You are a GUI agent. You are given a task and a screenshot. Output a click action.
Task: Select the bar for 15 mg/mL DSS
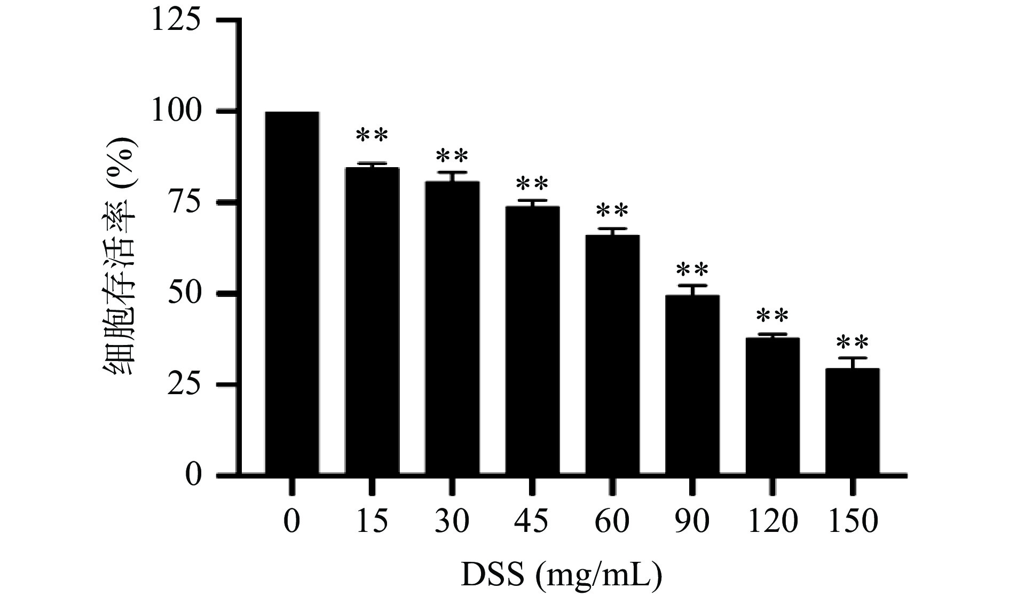click(372, 320)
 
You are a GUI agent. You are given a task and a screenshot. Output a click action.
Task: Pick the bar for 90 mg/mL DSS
click(692, 385)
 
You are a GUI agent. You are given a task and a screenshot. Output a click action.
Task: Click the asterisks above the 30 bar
click(452, 156)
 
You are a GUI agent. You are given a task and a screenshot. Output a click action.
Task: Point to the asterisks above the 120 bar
click(772, 317)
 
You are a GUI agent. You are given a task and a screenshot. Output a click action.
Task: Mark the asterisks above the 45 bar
click(532, 185)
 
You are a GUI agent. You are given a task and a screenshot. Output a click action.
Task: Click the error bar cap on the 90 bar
click(692, 286)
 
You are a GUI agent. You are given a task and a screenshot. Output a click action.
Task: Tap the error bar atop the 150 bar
click(853, 358)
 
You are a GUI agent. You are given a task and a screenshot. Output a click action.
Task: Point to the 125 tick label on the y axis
click(177, 21)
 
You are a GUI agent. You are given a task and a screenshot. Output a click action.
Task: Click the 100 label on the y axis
click(177, 112)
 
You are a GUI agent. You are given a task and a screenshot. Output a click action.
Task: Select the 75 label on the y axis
click(185, 202)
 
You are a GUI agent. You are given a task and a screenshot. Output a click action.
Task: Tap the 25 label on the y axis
click(185, 385)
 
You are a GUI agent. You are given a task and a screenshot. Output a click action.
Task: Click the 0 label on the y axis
click(193, 475)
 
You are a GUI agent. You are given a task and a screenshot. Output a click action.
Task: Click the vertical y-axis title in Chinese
click(122, 256)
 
